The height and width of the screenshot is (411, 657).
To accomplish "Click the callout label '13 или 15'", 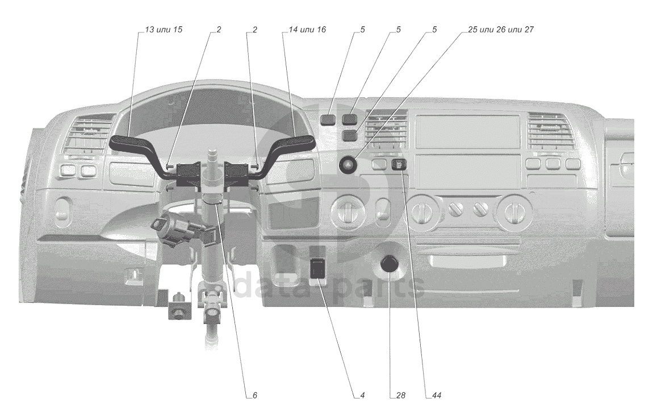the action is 164,30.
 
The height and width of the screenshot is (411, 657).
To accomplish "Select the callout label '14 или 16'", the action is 307,30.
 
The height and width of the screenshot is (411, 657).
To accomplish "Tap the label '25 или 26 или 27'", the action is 501,30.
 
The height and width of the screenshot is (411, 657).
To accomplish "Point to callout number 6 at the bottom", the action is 254,396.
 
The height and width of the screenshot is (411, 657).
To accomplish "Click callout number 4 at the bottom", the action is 362,396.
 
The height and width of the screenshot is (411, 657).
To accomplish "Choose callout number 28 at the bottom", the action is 400,396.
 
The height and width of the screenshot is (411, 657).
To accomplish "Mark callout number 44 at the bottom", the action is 437,396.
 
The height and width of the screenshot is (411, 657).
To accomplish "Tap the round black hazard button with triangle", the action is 348,164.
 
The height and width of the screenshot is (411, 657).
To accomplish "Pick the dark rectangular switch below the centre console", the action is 319,268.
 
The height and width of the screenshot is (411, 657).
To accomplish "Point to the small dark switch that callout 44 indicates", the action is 399,164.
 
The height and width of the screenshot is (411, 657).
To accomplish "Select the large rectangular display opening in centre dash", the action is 468,130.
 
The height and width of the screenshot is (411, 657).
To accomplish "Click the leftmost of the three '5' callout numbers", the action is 362,30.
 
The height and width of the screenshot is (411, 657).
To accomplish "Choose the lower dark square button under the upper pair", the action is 349,135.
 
